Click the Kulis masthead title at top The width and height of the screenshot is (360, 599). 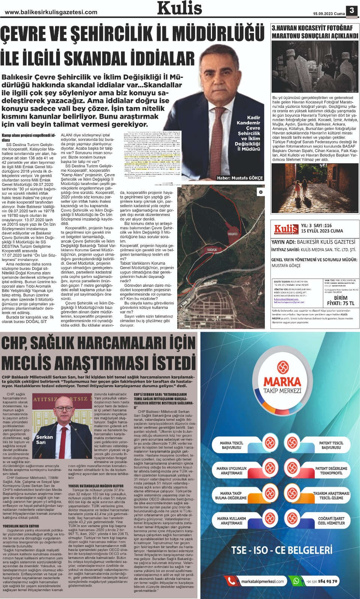point(180,8)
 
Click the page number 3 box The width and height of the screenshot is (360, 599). point(352,10)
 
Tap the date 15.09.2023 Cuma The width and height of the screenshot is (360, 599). point(329,14)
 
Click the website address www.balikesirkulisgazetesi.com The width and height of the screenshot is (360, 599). point(51,12)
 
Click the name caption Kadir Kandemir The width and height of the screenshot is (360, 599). point(248,120)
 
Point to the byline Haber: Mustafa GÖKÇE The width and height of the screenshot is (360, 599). point(240,178)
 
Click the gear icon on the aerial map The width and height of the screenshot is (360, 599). point(261,192)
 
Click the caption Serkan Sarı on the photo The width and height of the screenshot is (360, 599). point(44,440)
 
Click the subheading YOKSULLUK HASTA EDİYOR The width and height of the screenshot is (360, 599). point(21,526)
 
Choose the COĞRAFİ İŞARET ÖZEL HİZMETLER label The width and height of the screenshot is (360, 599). point(331,521)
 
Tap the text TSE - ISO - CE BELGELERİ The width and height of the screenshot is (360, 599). point(282,550)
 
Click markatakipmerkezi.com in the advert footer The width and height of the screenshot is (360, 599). point(262,581)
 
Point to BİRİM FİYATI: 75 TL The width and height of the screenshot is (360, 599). point(340,301)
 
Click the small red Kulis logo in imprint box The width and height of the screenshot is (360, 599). point(286,229)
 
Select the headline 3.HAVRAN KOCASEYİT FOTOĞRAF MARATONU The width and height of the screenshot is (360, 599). point(315,32)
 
